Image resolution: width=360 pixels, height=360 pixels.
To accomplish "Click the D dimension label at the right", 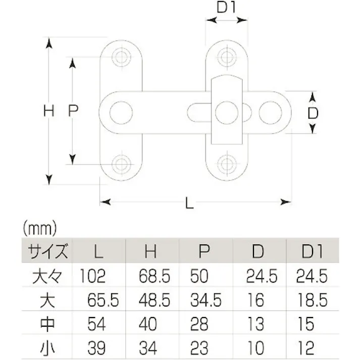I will (313, 113).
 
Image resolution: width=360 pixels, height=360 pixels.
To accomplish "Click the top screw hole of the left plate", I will (121, 57).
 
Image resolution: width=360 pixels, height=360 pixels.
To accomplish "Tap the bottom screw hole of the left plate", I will (121, 164).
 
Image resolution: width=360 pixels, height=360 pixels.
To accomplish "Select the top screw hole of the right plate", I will (225, 57).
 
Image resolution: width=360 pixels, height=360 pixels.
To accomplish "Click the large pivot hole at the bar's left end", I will (121, 111).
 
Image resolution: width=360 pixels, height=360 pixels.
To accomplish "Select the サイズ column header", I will (47, 250).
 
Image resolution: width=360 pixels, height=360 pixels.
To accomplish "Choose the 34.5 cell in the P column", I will (206, 300).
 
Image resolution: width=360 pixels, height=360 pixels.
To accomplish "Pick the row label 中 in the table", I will (47, 324).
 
